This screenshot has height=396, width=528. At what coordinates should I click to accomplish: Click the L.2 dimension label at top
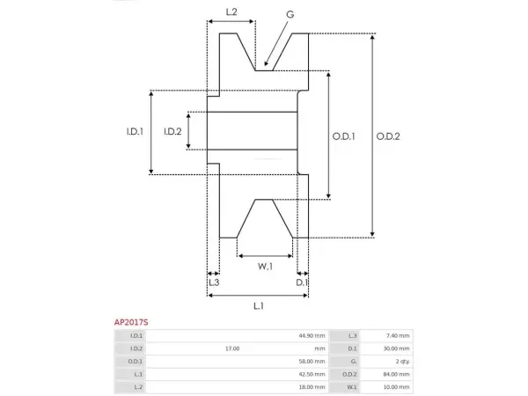pos(231,12)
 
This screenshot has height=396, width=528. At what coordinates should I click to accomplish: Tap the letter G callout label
pos(290,14)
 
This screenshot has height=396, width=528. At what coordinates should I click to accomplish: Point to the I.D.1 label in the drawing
pos(135,131)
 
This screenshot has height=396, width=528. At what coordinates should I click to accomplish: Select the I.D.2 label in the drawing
pos(172,131)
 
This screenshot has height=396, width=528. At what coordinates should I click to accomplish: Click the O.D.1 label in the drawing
pos(343,136)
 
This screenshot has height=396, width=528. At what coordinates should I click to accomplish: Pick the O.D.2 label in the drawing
pos(388,136)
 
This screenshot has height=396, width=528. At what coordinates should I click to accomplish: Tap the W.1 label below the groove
pos(265,267)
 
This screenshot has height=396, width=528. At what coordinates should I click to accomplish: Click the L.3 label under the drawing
pos(214,282)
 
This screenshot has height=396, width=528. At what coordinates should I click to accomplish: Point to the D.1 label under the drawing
pos(302,282)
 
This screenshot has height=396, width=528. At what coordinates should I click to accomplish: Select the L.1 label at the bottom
pos(258,305)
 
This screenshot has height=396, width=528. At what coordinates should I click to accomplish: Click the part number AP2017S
pos(131,322)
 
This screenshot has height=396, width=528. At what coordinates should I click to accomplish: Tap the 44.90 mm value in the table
pos(312,336)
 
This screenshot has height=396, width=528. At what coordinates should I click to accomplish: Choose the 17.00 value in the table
pos(232,348)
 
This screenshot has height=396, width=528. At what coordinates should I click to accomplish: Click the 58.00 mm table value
pos(312,362)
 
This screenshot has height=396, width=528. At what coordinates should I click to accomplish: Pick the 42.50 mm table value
pos(312,374)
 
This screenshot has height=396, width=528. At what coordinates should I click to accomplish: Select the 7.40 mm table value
pos(398,336)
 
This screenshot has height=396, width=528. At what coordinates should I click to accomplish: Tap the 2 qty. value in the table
pos(402,362)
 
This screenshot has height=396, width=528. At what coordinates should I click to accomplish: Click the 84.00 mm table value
pos(396,374)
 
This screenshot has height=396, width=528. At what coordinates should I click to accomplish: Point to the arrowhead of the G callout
pos(266,63)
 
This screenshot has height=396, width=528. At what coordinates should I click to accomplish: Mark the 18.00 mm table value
pos(312,387)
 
